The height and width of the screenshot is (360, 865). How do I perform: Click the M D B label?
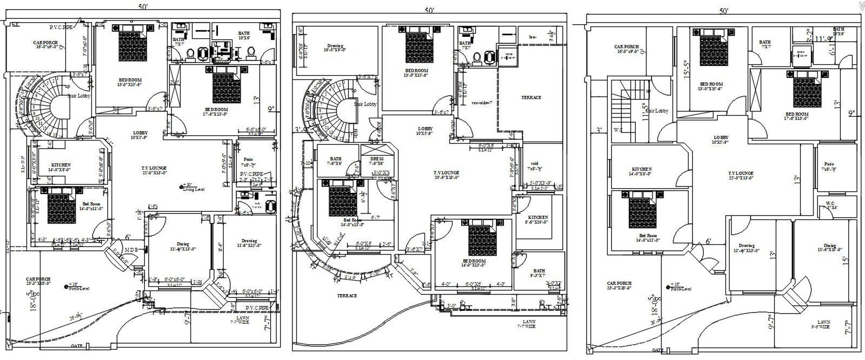pos(131,249)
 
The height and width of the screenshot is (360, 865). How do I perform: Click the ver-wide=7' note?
pos(482,102)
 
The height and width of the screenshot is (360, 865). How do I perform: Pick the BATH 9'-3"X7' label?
pos(538,274)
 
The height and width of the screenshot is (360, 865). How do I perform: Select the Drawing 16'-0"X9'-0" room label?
pos(336,48)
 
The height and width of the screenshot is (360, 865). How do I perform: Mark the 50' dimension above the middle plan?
pos(429,10)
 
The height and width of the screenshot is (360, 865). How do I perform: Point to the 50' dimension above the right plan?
pos(723,11)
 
